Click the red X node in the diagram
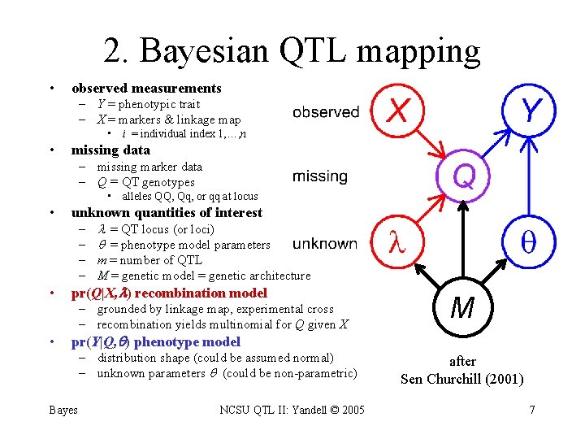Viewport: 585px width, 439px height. coord(397,111)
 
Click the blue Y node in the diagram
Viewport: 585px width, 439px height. coord(529,111)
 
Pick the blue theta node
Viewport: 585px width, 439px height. coord(528,241)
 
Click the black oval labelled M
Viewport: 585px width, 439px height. coord(462,308)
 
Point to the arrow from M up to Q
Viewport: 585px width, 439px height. coord(462,244)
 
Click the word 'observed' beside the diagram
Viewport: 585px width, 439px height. coord(326,112)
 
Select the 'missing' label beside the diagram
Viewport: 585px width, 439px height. coord(319,176)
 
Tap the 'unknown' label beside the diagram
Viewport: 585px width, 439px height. coord(324,243)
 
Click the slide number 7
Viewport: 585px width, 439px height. coord(532,410)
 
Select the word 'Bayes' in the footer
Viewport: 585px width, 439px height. coord(63,410)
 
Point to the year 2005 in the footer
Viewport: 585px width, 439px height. coord(350,410)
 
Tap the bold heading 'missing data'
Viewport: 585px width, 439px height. coord(110,150)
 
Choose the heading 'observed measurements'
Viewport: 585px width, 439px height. coord(146,88)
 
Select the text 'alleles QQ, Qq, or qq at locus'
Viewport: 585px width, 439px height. coord(189,196)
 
